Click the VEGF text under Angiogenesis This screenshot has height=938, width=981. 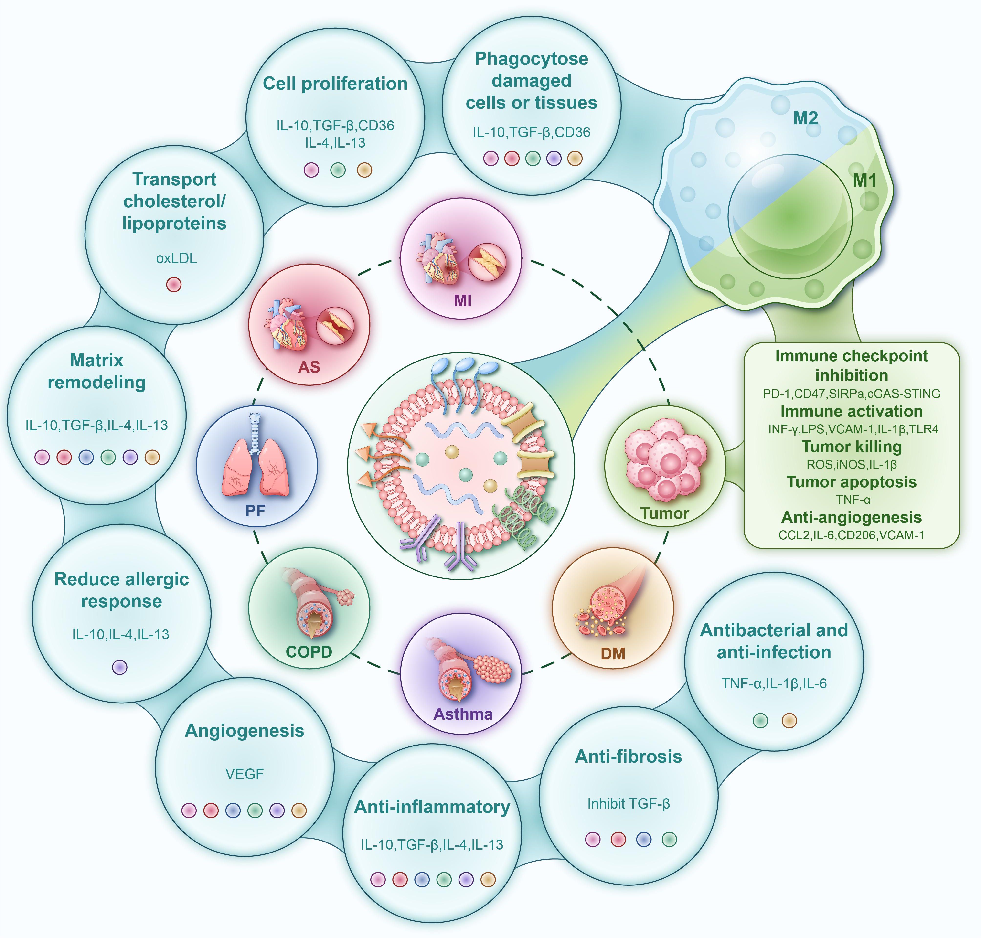(245, 774)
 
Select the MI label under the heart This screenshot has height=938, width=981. (462, 300)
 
